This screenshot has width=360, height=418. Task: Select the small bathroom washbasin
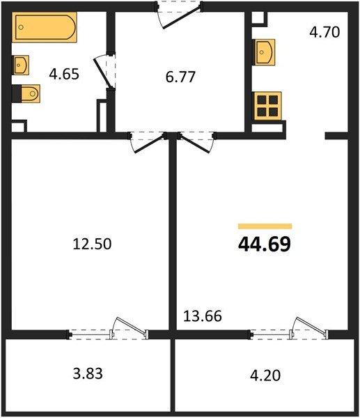coord(20,65)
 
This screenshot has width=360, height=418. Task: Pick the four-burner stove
coord(267,107)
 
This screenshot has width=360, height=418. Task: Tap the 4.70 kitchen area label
coord(324,31)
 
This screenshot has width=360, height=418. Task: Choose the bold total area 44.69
coord(265,245)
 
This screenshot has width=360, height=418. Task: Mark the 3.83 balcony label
coord(88,373)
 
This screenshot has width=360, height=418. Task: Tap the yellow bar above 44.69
coord(265,226)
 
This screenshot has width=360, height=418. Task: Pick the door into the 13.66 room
coord(195,141)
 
